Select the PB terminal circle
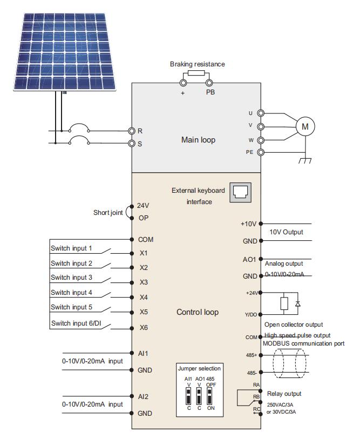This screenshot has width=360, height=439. [209, 83]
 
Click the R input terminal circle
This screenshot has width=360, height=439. [131, 131]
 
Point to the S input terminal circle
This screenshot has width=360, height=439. [131, 143]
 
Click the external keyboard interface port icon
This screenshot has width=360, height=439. [240, 192]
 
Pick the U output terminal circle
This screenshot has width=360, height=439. [261, 113]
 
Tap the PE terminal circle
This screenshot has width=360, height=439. [261, 152]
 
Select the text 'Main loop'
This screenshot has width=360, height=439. [198, 140]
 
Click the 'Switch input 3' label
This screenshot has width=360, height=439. [71, 278]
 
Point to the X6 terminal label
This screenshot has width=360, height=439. [144, 328]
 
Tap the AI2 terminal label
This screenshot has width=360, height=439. [143, 396]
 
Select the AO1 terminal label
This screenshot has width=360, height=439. [249, 260]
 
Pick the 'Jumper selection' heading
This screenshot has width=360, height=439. [199, 368]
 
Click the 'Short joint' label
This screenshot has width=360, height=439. [108, 212]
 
